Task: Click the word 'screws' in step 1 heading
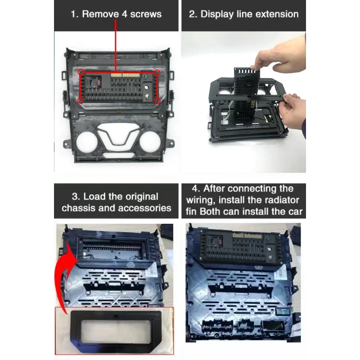pos(146,14)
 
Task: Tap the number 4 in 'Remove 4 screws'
pos(125,14)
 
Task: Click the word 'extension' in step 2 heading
pos(277,14)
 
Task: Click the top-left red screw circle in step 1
pos(81,72)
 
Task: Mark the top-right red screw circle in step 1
pos(157,72)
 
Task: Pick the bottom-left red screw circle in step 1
pos(81,100)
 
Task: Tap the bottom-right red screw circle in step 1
pos(157,100)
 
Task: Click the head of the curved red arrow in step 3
pos(72,252)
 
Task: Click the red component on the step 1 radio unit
pos(99,82)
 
